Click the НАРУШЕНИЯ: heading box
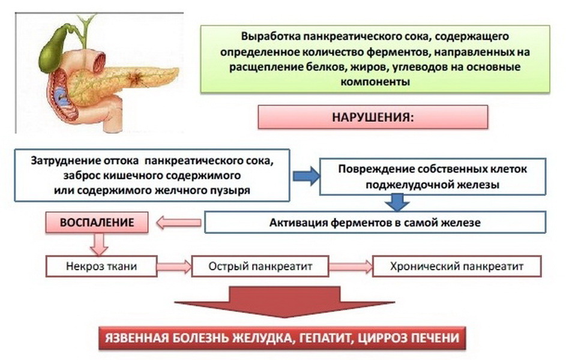pyautogui.click(x=373, y=117)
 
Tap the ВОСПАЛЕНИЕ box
pyautogui.click(x=97, y=222)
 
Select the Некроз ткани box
pyautogui.click(x=101, y=266)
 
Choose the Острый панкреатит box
pyautogui.click(x=260, y=266)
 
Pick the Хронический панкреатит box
pyautogui.click(x=457, y=266)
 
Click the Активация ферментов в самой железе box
pyautogui.click(x=375, y=222)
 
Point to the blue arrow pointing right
pyautogui.click(x=306, y=176)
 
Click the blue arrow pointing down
pyautogui.click(x=397, y=202)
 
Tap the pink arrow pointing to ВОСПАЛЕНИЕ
pyautogui.click(x=179, y=223)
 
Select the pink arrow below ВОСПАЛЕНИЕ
pyautogui.click(x=98, y=244)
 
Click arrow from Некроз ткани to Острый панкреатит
pyautogui.click(x=174, y=266)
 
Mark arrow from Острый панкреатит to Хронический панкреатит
pyautogui.click(x=351, y=266)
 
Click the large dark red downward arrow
pyautogui.click(x=285, y=302)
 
